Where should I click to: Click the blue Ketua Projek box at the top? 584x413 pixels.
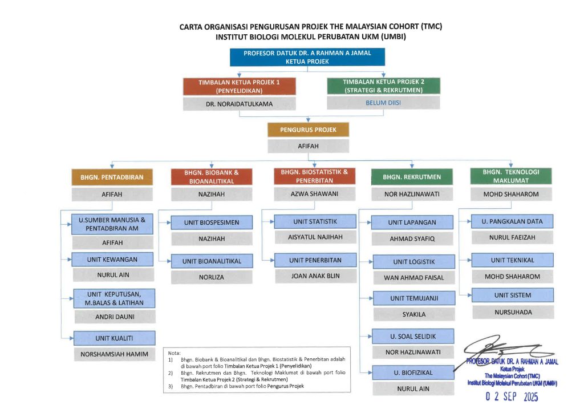point(307,57)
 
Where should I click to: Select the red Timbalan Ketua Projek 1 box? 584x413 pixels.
point(239,86)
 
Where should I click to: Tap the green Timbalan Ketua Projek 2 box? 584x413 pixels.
point(383,86)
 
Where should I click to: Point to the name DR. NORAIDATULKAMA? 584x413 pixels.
point(239,105)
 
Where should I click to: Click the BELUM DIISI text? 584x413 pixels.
point(383,103)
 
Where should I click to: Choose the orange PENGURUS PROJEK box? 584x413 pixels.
point(308,129)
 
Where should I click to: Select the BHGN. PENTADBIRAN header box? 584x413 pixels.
point(112,177)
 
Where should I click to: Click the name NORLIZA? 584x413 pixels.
point(211,277)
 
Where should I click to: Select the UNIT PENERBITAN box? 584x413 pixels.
point(315,260)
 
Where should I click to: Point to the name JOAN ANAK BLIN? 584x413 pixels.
point(315,277)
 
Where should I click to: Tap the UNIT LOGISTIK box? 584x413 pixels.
point(413,262)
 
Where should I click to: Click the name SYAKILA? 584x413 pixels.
point(413,314)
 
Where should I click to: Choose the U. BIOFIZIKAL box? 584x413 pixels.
point(413,372)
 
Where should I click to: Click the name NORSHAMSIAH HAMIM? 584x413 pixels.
point(114,354)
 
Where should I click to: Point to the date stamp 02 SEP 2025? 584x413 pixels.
point(512,397)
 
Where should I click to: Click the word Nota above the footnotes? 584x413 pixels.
point(174,353)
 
